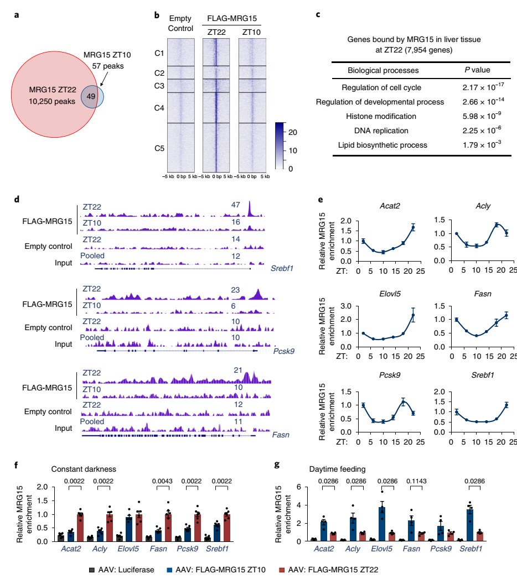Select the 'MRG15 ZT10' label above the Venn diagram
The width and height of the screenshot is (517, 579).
coord(108,55)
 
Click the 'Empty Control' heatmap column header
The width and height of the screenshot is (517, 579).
coord(179,23)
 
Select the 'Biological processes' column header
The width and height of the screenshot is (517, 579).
coord(383,70)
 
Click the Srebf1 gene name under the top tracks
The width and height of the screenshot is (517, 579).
coord(282,268)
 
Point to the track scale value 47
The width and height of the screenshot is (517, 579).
coord(236,205)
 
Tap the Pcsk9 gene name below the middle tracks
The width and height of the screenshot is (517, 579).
coord(283,351)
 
